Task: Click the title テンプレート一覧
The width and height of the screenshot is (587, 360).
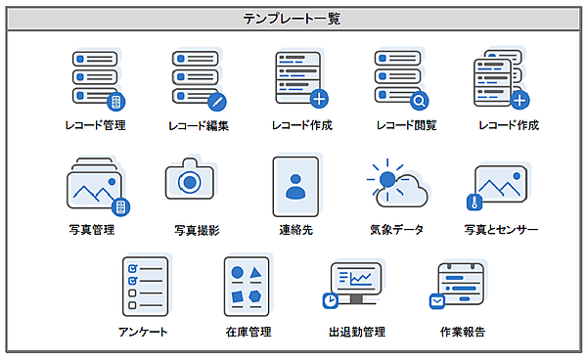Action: pos(293,18)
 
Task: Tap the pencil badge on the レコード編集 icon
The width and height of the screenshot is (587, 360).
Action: pos(216,100)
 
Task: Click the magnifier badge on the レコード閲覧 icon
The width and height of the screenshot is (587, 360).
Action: pos(419,100)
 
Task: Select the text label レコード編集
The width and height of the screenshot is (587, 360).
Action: pos(199,126)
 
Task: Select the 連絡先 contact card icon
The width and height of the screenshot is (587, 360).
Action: pos(295,186)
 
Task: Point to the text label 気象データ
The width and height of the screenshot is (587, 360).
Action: pos(396,230)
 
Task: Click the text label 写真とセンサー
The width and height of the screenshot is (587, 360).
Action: pos(501,230)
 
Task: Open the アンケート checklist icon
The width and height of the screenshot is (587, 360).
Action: pos(145,286)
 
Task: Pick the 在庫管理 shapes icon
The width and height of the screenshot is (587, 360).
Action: pos(248,286)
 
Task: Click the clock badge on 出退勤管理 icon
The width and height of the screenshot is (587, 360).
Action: pos(330,300)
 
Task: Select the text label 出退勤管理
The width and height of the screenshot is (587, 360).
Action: pos(357,332)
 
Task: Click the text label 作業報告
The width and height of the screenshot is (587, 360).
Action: pos(462,332)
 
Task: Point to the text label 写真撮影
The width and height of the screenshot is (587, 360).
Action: pos(197,230)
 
